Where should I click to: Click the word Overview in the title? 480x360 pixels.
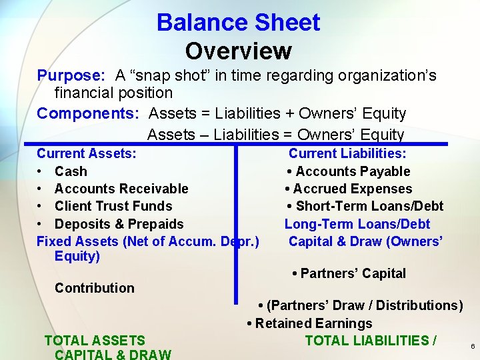238,51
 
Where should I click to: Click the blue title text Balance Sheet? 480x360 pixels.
238,23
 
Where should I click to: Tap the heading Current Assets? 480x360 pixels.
87,153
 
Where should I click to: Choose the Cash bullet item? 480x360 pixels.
71,171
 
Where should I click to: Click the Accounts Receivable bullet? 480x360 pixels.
121,189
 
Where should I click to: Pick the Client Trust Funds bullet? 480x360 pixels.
113,206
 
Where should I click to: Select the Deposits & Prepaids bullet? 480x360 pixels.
119,224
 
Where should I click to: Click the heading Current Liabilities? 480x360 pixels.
347,154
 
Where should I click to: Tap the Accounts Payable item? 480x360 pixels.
353,171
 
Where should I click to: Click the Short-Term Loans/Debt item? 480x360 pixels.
369,206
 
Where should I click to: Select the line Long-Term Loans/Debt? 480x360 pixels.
357,224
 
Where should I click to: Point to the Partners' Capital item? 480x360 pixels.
353,273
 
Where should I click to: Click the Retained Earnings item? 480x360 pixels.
313,323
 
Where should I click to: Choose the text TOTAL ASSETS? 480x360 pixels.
95,341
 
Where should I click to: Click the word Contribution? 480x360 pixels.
95,288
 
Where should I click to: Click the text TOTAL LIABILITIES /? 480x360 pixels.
371,341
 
